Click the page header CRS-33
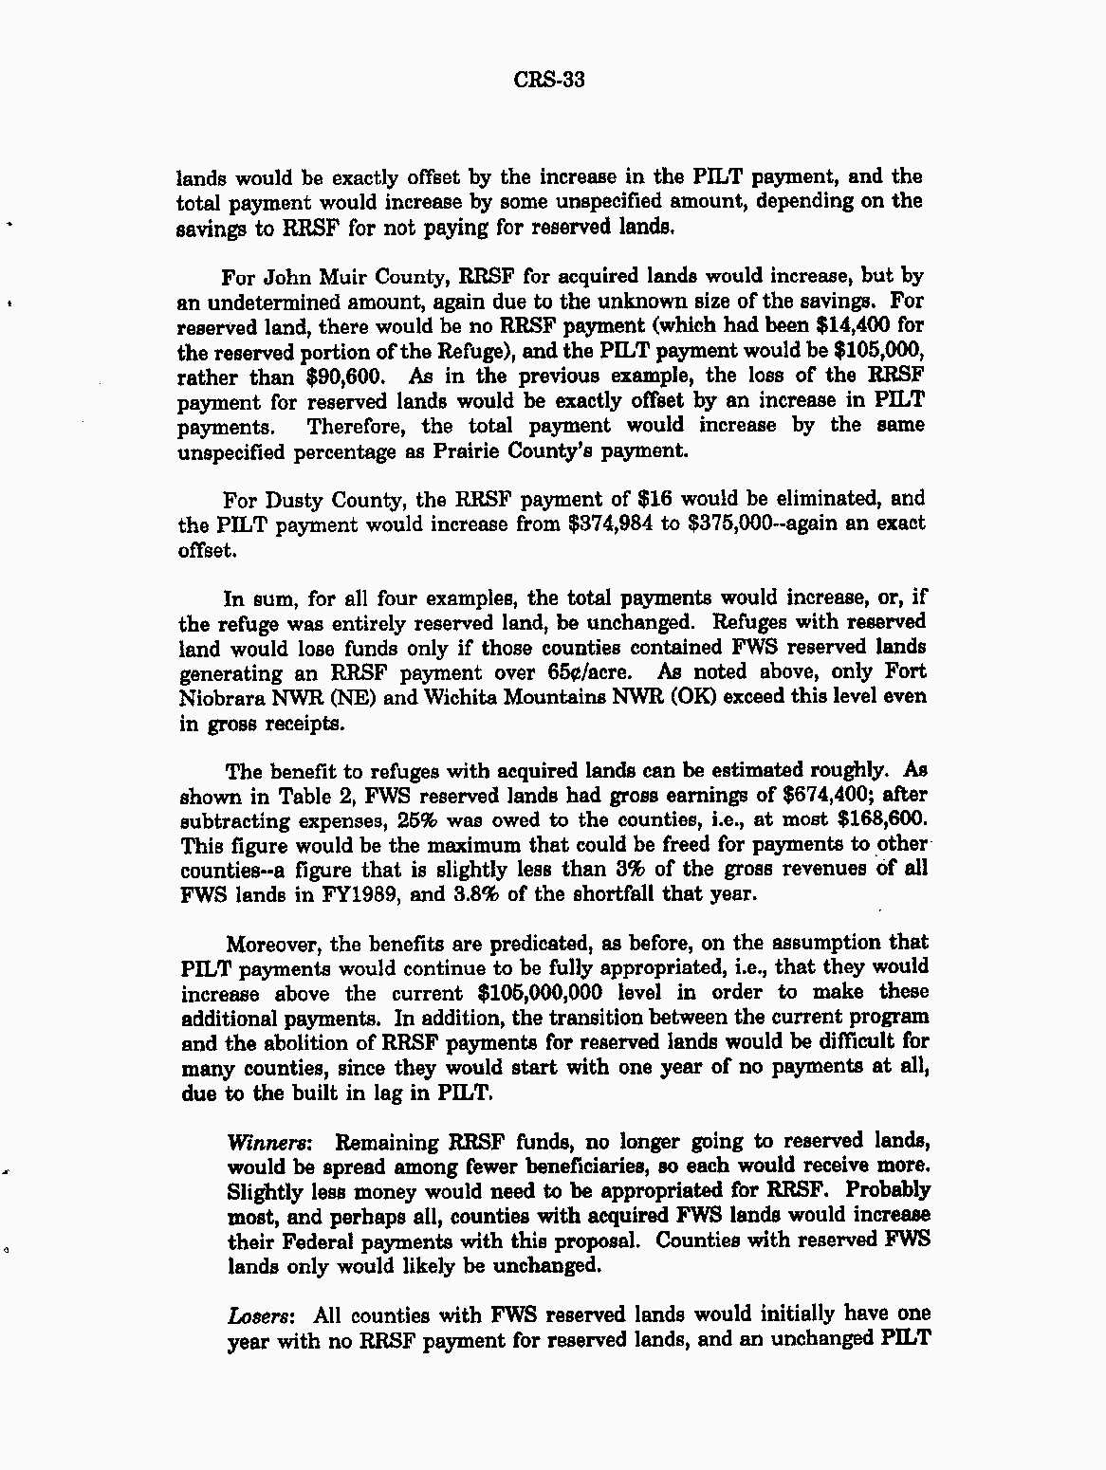point(549,79)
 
